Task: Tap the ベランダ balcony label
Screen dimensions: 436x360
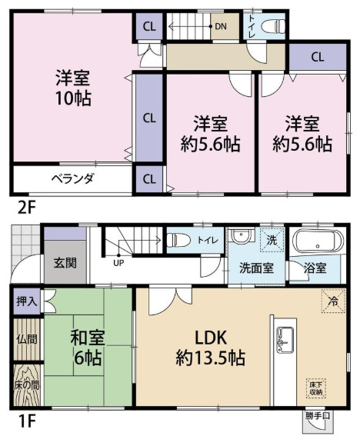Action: click(x=73, y=179)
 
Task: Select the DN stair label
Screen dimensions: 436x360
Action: click(x=221, y=27)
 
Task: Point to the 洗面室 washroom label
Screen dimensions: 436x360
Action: click(x=253, y=268)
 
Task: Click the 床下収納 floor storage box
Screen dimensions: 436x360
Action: click(x=315, y=388)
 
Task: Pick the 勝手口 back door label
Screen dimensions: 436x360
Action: click(x=318, y=418)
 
